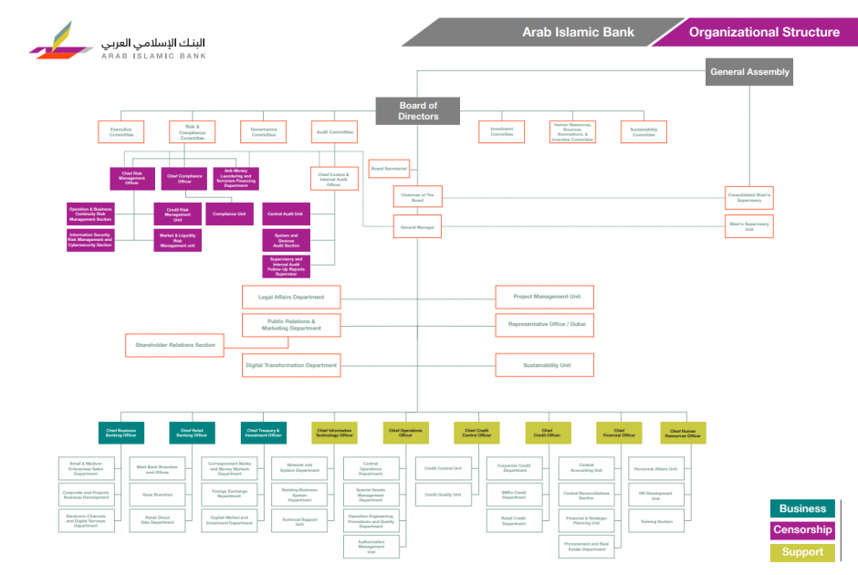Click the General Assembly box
[x=749, y=72]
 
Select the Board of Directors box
[x=418, y=111]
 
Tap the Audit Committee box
[x=334, y=132]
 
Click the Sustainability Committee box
[x=643, y=132]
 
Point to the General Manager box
[x=418, y=226]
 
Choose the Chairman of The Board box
[x=418, y=196]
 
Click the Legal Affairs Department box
[x=291, y=297]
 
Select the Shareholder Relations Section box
[x=175, y=345]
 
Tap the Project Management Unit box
[x=546, y=297]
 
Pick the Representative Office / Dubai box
[x=546, y=324]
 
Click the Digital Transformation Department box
[x=291, y=365]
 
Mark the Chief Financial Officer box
[x=619, y=433]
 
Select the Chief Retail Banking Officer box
[x=192, y=433]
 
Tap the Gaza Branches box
[x=157, y=495]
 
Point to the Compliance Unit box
[x=229, y=214]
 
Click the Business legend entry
[x=802, y=509]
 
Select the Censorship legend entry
[x=802, y=530]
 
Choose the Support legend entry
[x=802, y=551]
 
